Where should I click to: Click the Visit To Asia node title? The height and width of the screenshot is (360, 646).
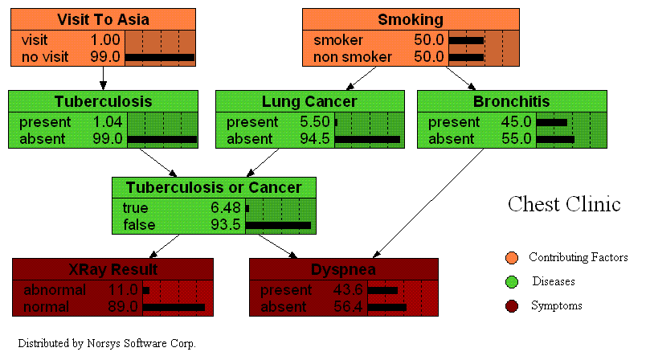pyautogui.click(x=103, y=18)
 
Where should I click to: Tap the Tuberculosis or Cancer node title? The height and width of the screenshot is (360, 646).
pyautogui.click(x=214, y=187)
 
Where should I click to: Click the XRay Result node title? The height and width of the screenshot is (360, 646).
pyautogui.click(x=112, y=269)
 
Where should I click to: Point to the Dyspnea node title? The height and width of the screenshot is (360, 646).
pyautogui.click(x=344, y=269)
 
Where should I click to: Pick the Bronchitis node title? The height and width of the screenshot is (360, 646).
pyautogui.click(x=512, y=102)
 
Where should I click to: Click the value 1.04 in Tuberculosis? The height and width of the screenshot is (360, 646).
pyautogui.click(x=107, y=123)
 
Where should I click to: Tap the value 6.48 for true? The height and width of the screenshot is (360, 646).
pyautogui.click(x=226, y=208)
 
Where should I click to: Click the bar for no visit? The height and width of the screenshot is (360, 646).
pyautogui.click(x=160, y=57)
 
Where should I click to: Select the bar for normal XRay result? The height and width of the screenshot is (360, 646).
pyautogui.click(x=174, y=306)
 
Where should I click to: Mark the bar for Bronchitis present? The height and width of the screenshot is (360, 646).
pyautogui.click(x=552, y=123)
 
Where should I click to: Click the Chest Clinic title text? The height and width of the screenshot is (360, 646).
pyautogui.click(x=564, y=204)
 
